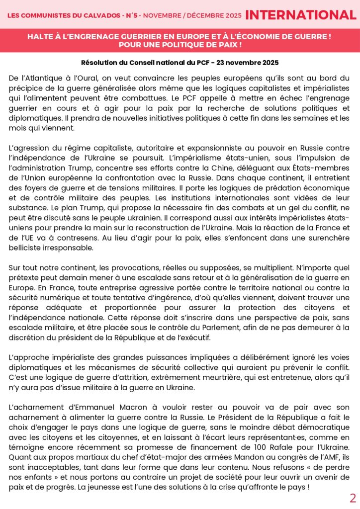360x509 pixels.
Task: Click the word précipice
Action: tap(26, 88)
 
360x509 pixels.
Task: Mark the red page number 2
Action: tap(353, 499)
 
